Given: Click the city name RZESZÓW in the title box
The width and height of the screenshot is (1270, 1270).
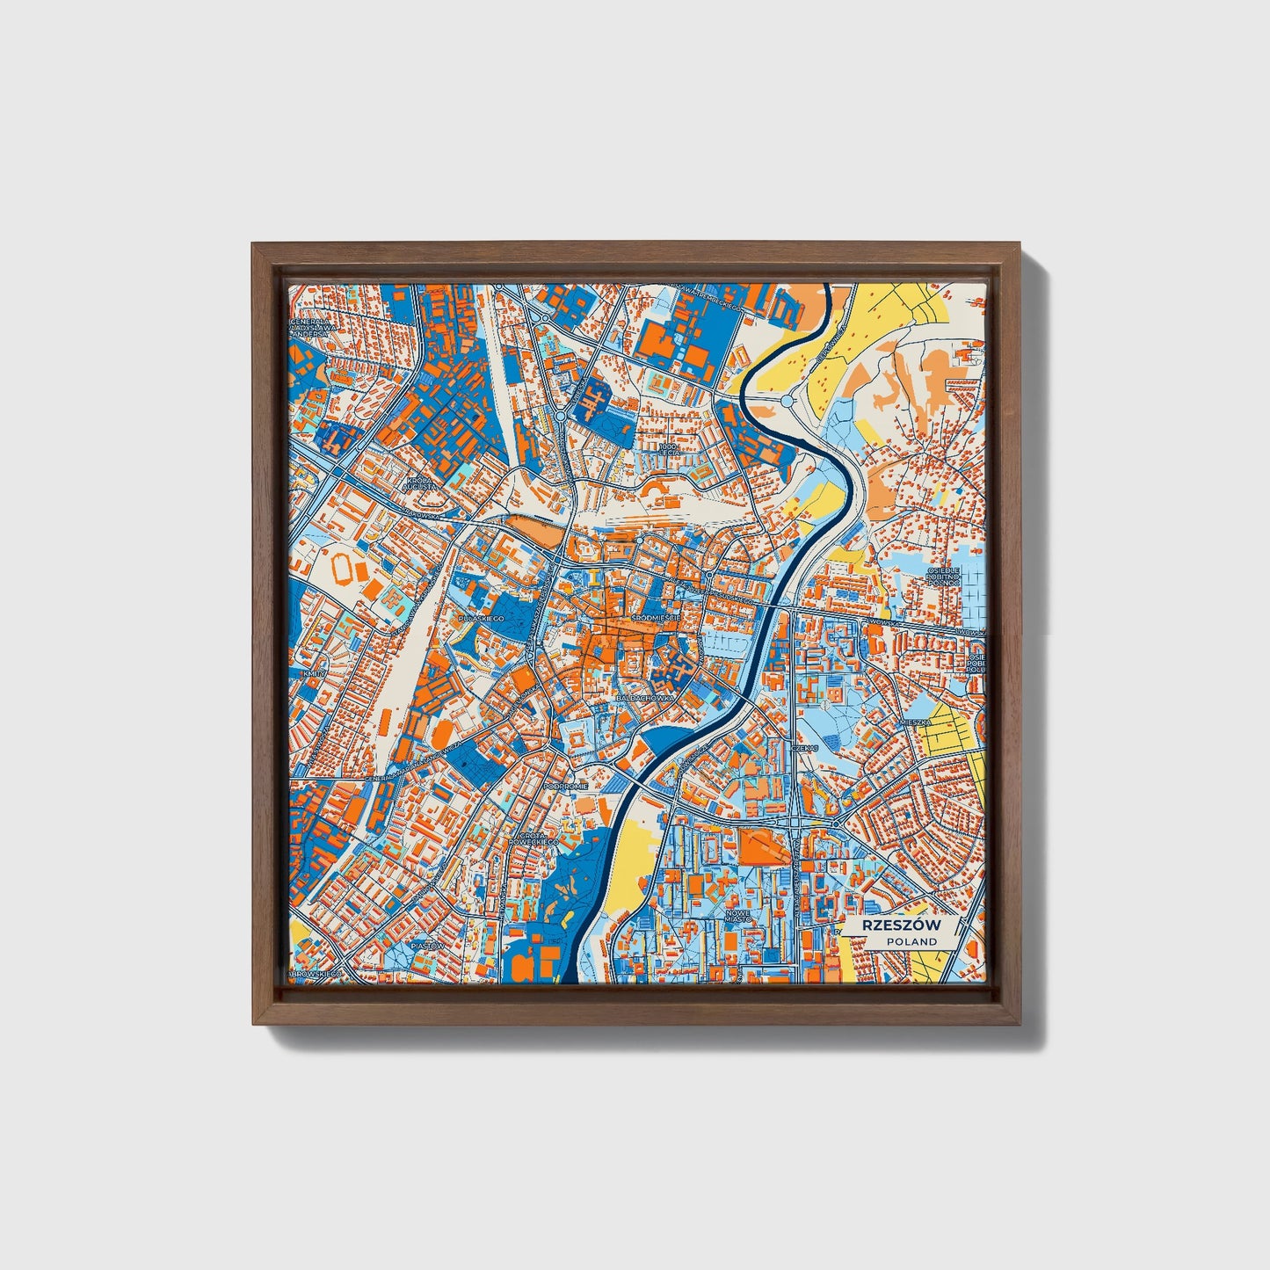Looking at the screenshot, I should [x=902, y=925].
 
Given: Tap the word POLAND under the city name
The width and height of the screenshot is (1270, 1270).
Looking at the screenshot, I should [x=911, y=941].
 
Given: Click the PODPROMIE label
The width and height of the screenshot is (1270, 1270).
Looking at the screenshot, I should [x=564, y=787].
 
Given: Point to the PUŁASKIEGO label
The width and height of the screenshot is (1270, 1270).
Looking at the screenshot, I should [x=481, y=620].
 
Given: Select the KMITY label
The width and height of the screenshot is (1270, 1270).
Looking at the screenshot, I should [x=313, y=673].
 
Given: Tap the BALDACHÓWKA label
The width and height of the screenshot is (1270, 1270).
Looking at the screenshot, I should [x=646, y=697].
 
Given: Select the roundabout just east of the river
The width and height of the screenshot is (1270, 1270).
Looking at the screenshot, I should [x=787, y=401].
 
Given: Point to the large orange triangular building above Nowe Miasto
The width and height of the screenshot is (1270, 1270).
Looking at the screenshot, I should [x=757, y=846].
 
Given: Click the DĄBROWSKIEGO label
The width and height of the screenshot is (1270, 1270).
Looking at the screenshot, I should [x=316, y=974].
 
